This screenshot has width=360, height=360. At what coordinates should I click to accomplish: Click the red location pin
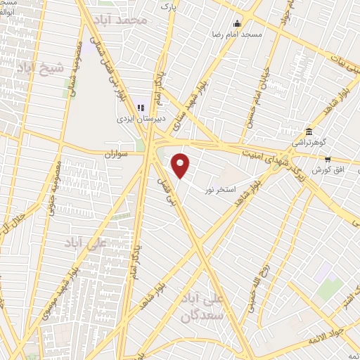click(x=181, y=166)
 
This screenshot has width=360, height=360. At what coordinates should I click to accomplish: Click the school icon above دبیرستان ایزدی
click(x=141, y=108)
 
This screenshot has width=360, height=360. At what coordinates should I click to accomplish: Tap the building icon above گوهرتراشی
click(x=309, y=132)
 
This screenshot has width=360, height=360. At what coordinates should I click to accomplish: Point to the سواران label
click(x=118, y=153)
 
